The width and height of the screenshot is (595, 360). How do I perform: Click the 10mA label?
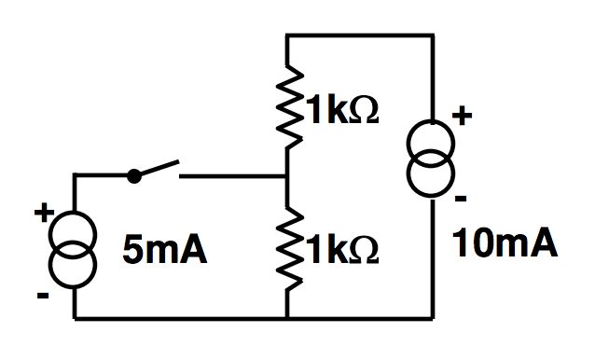pos(505,243)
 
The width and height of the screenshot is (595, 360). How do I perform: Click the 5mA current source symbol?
pos(73,250)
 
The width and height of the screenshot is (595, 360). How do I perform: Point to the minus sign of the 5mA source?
pos(43,296)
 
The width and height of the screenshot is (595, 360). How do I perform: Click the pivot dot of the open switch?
pos(134,174)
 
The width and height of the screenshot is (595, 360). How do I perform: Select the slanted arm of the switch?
pos(157,168)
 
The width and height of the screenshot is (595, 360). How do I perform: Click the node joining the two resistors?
pos(286,175)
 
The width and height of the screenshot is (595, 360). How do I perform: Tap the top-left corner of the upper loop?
pos(286,35)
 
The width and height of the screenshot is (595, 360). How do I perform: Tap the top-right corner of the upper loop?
pos(433,35)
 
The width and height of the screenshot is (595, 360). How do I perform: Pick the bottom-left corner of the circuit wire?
pos(74,319)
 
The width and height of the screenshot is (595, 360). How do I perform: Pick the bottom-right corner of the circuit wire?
pos(433,319)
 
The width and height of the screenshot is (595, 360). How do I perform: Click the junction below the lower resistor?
pos(286,319)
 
